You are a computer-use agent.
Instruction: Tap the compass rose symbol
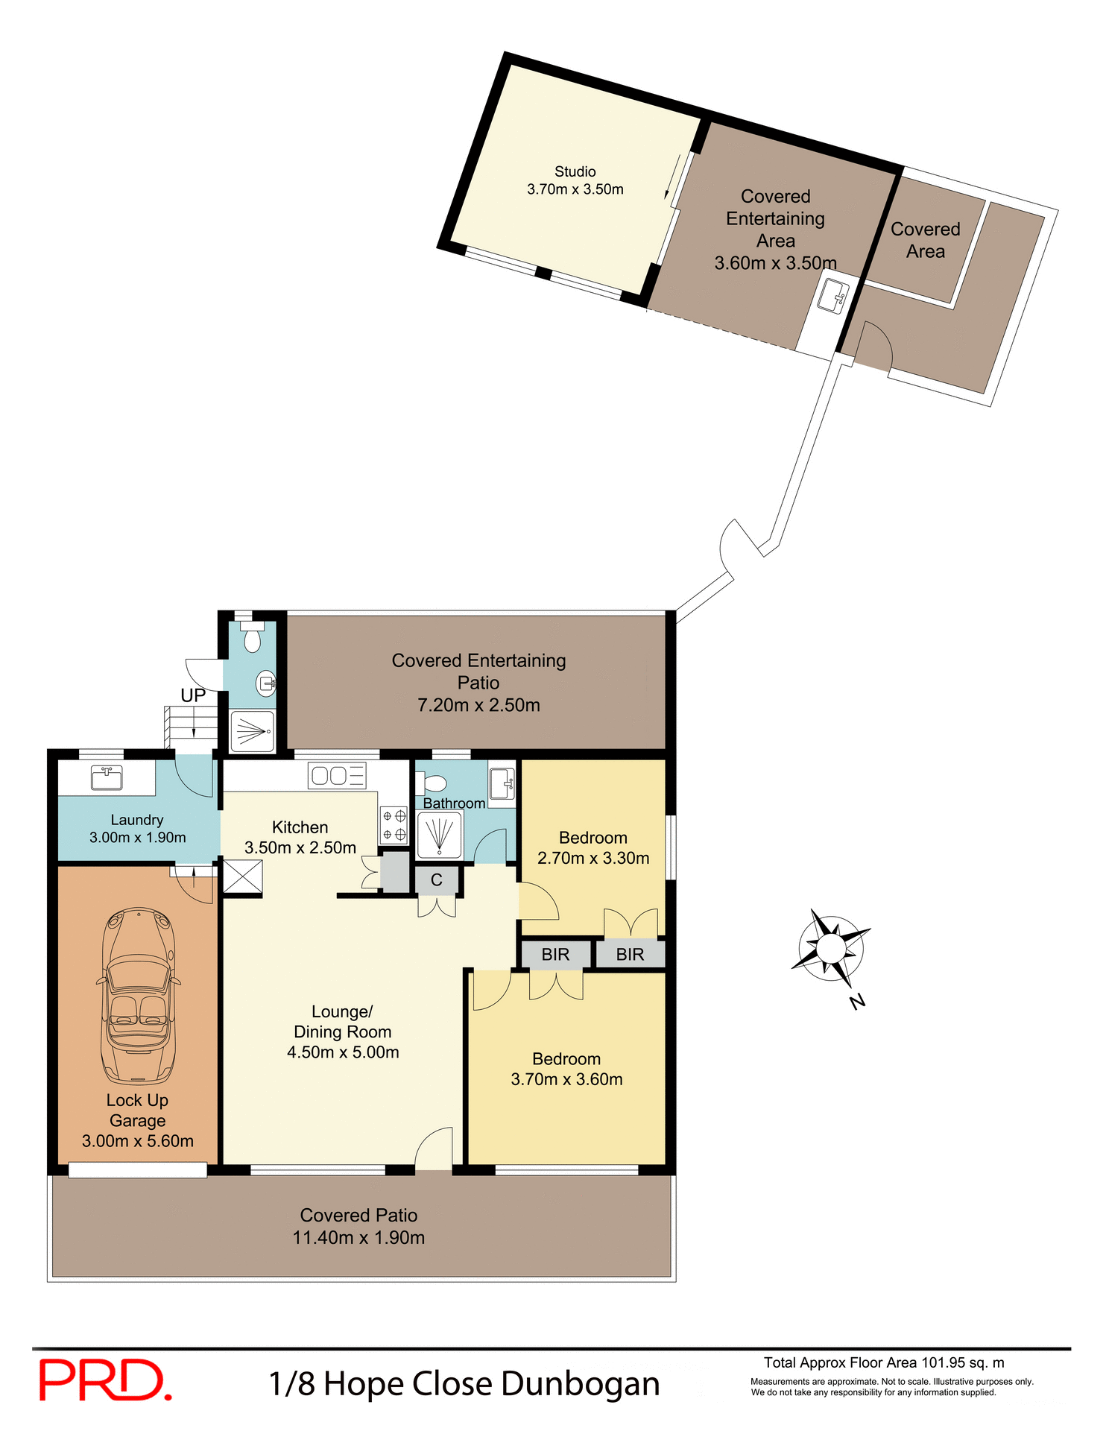[830, 948]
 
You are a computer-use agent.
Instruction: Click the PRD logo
[104, 1380]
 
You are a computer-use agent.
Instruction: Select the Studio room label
[575, 172]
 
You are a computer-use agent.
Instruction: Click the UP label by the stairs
[193, 695]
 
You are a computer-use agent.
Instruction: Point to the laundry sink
[106, 777]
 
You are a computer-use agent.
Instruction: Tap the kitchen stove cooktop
[394, 825]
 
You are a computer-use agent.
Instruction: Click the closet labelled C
[437, 880]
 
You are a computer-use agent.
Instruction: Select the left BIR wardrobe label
[555, 955]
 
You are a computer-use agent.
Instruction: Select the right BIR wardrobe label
[630, 955]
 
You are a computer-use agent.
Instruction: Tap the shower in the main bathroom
[440, 835]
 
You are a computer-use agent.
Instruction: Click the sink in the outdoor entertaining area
[833, 296]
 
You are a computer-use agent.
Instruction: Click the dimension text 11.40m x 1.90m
[358, 1238]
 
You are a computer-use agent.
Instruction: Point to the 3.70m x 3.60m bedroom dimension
[566, 1079]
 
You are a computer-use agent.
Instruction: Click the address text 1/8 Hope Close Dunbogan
[464, 1384]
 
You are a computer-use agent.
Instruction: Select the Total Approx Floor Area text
[884, 1362]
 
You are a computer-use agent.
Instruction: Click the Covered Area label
[925, 240]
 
